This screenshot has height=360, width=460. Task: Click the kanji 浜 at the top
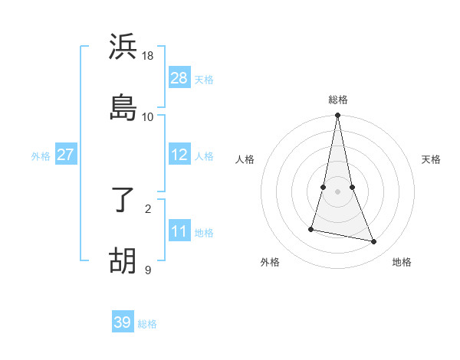point(123,47)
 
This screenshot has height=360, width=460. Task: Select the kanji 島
point(123,107)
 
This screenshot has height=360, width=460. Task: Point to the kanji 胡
point(123,260)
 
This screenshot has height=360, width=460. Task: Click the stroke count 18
point(148,55)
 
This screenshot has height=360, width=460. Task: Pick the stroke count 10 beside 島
point(148,116)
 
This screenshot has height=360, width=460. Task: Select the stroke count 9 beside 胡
point(148,270)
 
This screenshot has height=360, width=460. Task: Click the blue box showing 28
point(179,78)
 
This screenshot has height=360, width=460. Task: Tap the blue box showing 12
point(179,155)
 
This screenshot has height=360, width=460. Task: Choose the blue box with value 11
point(179,231)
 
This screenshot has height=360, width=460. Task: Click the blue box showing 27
point(65,155)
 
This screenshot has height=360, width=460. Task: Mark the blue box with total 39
point(123,322)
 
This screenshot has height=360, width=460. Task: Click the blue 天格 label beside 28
point(203,79)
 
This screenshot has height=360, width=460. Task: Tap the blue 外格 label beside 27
point(41,155)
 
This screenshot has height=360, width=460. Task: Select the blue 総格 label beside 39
point(147,323)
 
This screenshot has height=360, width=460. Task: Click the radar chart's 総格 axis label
point(338,100)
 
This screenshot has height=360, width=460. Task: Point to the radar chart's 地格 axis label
point(402,262)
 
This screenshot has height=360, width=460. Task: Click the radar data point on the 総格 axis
point(338,116)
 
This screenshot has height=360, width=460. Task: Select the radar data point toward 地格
point(374,241)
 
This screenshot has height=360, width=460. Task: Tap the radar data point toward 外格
point(311,228)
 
